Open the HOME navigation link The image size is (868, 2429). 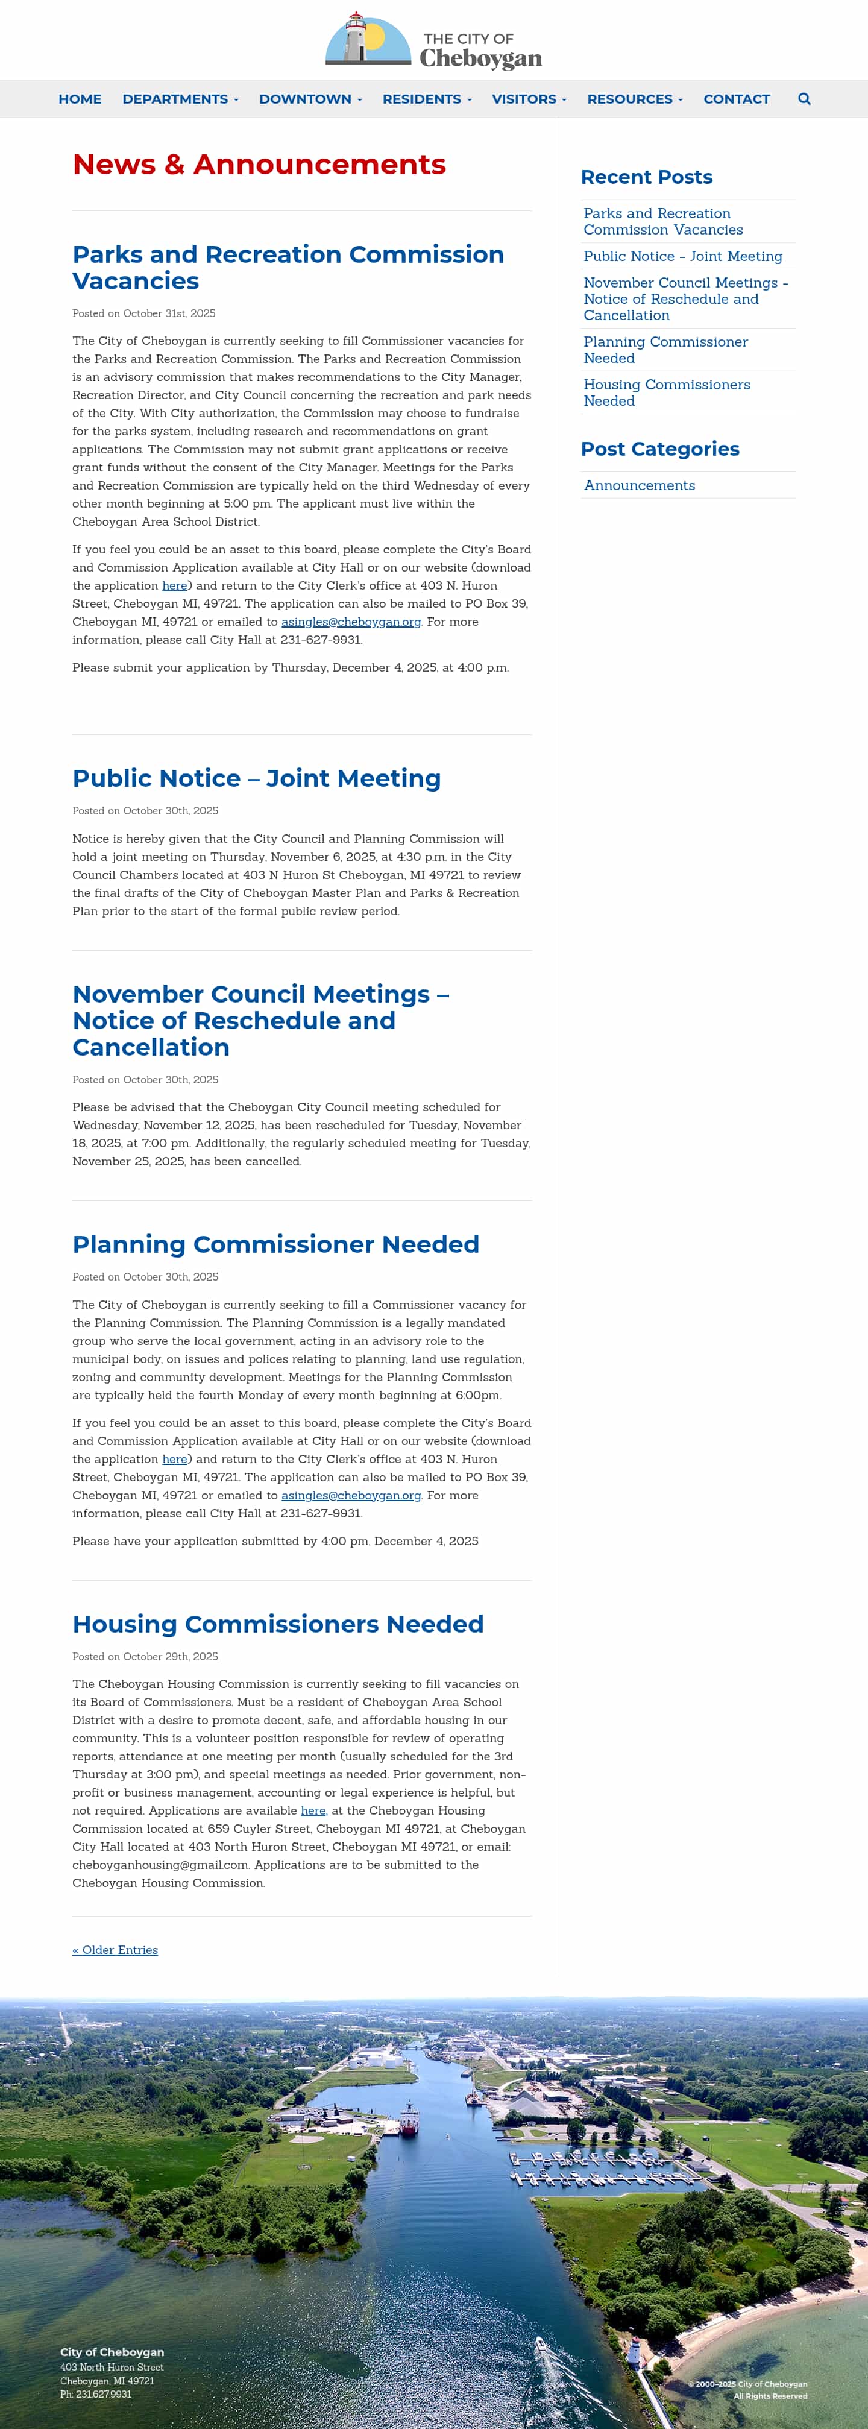(80, 99)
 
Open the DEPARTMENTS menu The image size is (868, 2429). (180, 99)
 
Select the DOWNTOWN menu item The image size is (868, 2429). (310, 99)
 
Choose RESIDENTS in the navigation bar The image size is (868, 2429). (426, 99)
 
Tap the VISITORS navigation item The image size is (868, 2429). (529, 99)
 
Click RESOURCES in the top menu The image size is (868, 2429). (634, 99)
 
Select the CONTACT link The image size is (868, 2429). (736, 99)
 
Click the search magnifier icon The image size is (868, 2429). (804, 99)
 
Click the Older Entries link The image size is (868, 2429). (115, 1950)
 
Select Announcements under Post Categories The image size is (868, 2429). (639, 485)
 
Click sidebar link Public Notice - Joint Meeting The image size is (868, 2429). (682, 256)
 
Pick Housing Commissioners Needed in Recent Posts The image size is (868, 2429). (666, 392)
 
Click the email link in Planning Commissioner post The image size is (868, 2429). (351, 1496)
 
